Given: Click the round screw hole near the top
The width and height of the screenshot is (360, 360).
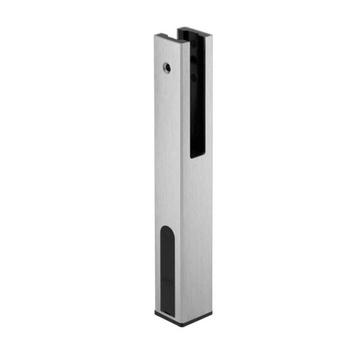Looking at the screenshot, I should click(167, 66).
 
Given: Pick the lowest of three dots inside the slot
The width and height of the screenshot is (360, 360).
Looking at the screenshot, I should click(194, 77).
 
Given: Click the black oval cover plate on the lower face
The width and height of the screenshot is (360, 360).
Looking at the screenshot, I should click(169, 270).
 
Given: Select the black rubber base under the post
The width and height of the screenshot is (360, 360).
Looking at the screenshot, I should click(180, 319).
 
